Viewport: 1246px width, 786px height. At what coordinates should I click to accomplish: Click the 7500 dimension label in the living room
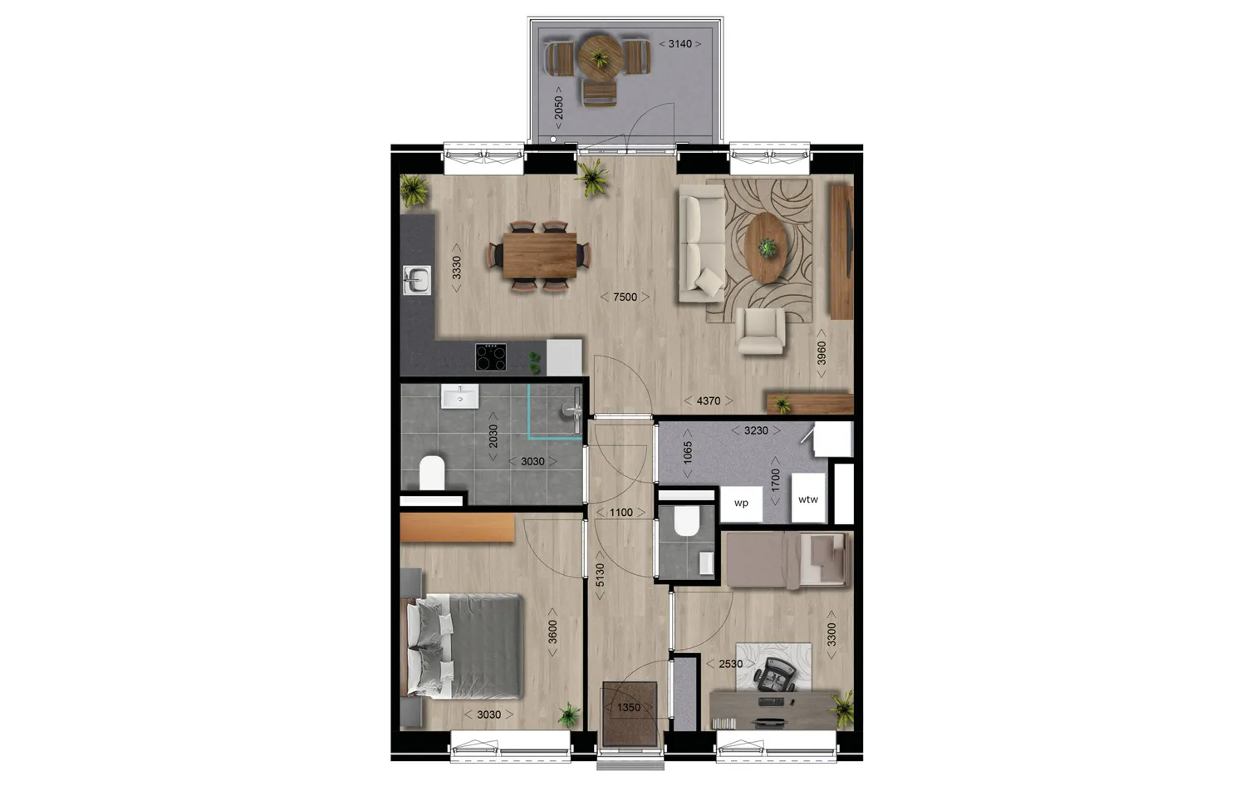[x=625, y=297]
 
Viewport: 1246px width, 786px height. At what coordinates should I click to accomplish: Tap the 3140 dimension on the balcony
[x=679, y=44]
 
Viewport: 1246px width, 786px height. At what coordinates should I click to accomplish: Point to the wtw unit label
[x=807, y=499]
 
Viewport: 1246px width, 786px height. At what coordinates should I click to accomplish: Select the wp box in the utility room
[x=741, y=503]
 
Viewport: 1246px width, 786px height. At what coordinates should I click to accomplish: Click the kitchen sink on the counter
[x=416, y=280]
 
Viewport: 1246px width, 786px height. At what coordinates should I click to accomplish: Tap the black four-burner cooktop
[x=491, y=357]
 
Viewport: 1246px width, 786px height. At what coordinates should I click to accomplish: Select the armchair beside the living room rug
[x=761, y=331]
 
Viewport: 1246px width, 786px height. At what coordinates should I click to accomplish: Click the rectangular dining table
[x=539, y=255]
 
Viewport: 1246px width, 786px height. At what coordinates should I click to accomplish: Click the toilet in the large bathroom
[x=431, y=473]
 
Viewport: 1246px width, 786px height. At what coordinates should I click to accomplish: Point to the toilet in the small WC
[x=686, y=522]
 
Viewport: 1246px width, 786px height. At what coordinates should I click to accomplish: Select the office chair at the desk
[x=774, y=673]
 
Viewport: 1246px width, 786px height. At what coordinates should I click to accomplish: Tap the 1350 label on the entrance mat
[x=629, y=707]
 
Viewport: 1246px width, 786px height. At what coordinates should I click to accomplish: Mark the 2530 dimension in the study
[x=730, y=664]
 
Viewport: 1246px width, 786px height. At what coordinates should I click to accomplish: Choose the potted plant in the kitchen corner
[x=413, y=189]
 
